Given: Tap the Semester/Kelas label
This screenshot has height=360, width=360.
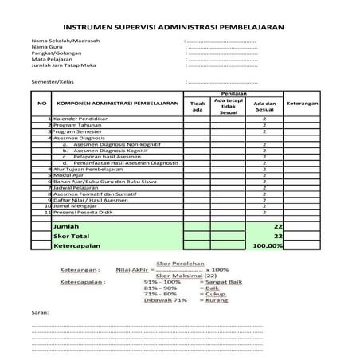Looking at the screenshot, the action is [x=53, y=81].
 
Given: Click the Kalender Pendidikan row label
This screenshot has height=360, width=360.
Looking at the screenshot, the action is [x=82, y=119].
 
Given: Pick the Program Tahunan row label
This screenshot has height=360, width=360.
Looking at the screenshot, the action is [x=77, y=125].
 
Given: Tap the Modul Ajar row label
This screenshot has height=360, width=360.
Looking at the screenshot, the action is [x=70, y=175].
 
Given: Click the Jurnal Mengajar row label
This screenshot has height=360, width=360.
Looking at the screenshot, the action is [x=76, y=206].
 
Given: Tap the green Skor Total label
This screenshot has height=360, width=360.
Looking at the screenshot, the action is [x=70, y=237].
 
